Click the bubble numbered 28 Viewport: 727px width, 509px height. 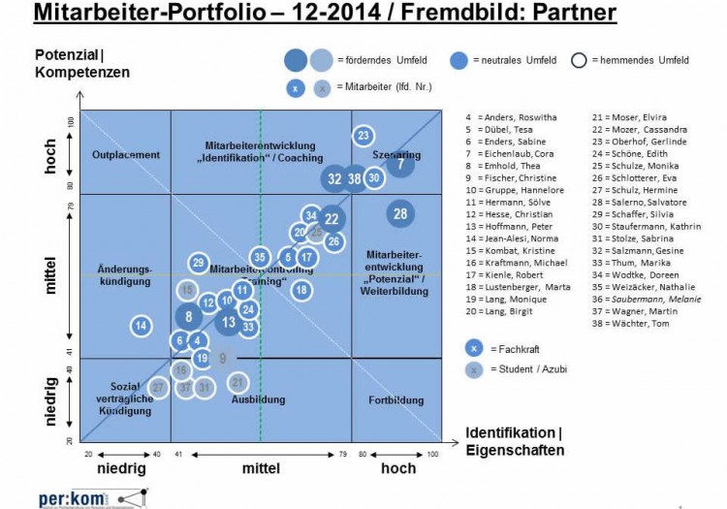click(x=400, y=213)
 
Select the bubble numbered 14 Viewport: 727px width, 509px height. click(x=142, y=326)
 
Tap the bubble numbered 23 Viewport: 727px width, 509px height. click(x=363, y=136)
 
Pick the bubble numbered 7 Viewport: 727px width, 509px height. click(x=401, y=164)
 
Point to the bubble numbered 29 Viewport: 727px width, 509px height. click(x=198, y=263)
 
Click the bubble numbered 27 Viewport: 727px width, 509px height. click(x=159, y=388)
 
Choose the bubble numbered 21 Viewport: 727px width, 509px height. click(x=237, y=383)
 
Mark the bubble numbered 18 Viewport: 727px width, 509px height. click(x=301, y=289)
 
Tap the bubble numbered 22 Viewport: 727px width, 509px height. click(x=332, y=219)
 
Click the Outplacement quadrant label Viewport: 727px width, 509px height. click(x=125, y=155)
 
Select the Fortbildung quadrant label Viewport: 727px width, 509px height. click(x=396, y=400)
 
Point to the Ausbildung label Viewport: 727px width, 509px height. click(x=259, y=399)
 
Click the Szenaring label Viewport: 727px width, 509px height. click(x=396, y=154)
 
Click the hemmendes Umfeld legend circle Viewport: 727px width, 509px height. click(x=580, y=60)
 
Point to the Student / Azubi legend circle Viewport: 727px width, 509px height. click(x=473, y=369)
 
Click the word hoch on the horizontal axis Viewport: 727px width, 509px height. click(x=398, y=468)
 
